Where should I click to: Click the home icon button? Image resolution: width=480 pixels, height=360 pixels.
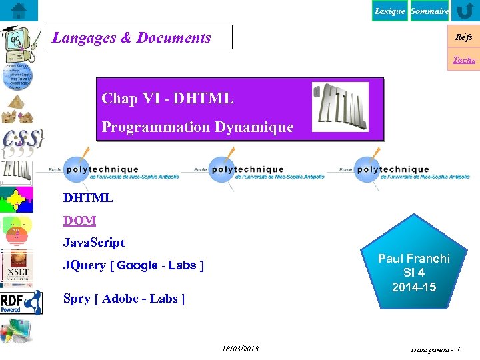tap(19, 11)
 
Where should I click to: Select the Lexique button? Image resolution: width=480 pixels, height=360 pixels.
tap(389, 11)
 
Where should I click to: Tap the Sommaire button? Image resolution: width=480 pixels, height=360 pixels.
tap(429, 11)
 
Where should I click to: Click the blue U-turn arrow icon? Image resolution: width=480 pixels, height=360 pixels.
tap(465, 11)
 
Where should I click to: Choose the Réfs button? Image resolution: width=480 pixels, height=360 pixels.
tap(464, 38)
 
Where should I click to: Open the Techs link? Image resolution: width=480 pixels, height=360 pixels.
tap(464, 60)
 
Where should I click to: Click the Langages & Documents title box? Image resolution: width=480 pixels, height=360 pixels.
tap(142, 37)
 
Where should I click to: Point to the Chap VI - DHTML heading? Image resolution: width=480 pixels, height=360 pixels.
tap(167, 99)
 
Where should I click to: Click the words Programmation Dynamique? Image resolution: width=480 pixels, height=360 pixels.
tap(197, 127)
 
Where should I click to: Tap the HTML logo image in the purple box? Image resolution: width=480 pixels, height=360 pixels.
tap(340, 107)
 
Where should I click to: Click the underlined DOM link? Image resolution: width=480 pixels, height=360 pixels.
tap(79, 220)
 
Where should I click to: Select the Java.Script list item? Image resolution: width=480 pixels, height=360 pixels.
tap(94, 242)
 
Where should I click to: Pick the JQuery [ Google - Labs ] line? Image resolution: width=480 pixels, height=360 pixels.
tap(133, 265)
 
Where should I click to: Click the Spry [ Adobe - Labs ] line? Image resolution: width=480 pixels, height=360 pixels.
tap(124, 299)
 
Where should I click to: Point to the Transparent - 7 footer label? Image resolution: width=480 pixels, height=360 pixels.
tap(435, 349)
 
